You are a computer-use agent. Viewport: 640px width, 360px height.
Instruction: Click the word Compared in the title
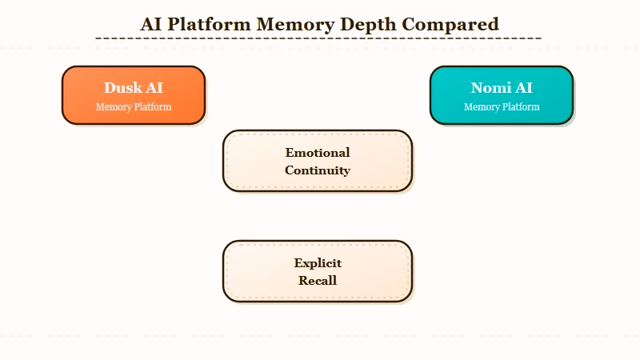tap(450, 24)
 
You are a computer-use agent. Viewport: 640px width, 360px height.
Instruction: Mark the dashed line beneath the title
tap(318, 38)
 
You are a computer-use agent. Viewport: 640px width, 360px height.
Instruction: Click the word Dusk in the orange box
tap(122, 88)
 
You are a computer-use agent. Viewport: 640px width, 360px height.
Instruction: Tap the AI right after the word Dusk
tap(154, 88)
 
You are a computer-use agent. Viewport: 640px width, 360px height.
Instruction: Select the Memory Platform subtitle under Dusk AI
tap(134, 107)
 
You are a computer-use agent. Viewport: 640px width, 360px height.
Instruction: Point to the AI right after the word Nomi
tap(523, 88)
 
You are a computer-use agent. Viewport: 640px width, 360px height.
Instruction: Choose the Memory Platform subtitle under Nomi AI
tap(502, 107)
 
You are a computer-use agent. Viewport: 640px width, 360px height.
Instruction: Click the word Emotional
tap(318, 152)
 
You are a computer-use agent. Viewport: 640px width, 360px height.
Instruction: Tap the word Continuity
tap(318, 170)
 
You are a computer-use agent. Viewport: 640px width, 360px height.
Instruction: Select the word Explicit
tap(318, 262)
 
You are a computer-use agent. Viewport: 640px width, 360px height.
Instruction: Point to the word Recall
tap(318, 280)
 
